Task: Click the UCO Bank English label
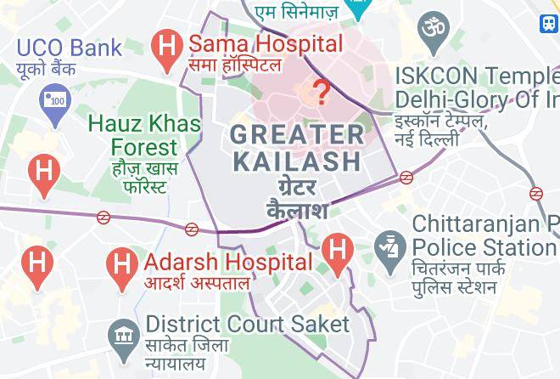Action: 69,46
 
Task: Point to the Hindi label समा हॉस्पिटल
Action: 245,65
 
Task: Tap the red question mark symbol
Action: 322,90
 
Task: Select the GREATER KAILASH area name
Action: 297,147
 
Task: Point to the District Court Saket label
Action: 247,324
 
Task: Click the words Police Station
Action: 484,248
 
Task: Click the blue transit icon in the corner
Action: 550,23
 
